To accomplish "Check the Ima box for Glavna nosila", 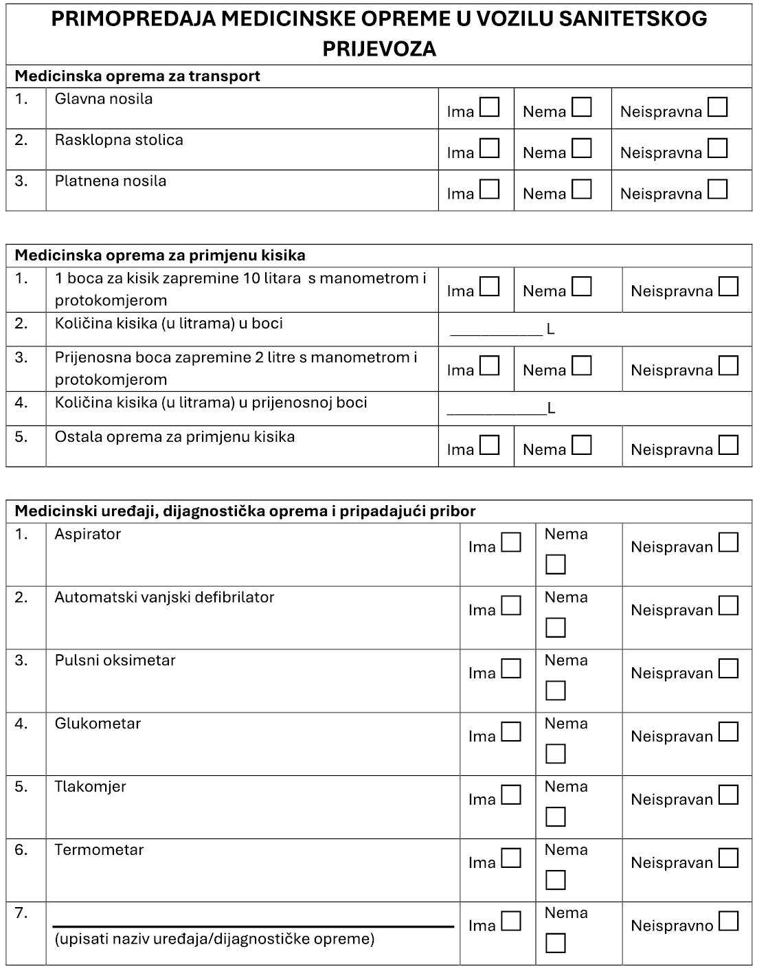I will [x=489, y=108].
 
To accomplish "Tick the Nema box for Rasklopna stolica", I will [x=582, y=148].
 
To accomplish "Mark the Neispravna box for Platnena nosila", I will [x=718, y=190].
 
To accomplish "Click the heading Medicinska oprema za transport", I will [x=137, y=76].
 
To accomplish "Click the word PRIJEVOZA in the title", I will [x=379, y=49].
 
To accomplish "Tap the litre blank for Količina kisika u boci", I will [x=496, y=329].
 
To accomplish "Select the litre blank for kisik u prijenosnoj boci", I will [x=496, y=408].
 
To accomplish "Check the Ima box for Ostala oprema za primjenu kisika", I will [x=489, y=445].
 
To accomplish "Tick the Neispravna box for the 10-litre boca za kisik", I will [x=728, y=287].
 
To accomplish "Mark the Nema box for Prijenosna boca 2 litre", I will [x=582, y=366].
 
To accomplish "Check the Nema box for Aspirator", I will [x=556, y=565].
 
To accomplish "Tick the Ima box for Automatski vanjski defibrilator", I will [x=511, y=606].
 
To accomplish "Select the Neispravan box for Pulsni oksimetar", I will [x=728, y=669].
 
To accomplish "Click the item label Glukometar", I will [x=98, y=724].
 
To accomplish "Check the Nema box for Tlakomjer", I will [x=556, y=817].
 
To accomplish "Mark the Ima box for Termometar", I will [x=511, y=858].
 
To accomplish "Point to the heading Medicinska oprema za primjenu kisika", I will [x=160, y=256].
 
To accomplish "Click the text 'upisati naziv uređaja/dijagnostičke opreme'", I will [x=214, y=939].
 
